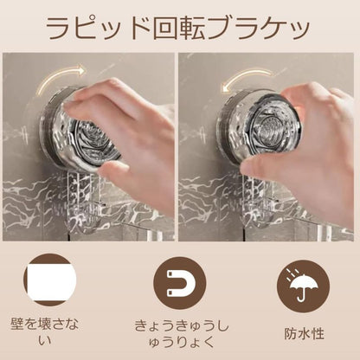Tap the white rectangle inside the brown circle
pyautogui.click(x=48, y=281)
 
